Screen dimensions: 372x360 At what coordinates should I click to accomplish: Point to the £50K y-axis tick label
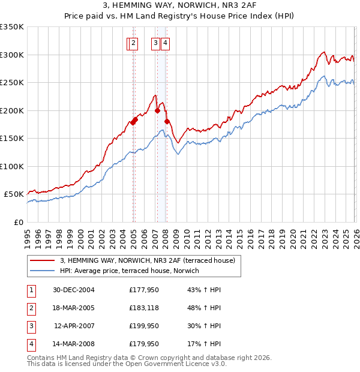13,194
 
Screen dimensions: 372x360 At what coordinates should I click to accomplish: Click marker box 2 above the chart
133,43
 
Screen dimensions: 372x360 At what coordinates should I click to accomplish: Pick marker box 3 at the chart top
155,43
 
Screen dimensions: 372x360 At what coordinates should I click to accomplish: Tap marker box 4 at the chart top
165,43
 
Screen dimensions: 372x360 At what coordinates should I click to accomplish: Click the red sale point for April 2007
157,110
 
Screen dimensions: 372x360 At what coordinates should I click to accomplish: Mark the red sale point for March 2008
167,122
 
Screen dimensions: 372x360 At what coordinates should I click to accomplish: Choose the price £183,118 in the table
144,308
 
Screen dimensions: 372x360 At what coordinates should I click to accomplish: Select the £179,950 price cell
144,344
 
